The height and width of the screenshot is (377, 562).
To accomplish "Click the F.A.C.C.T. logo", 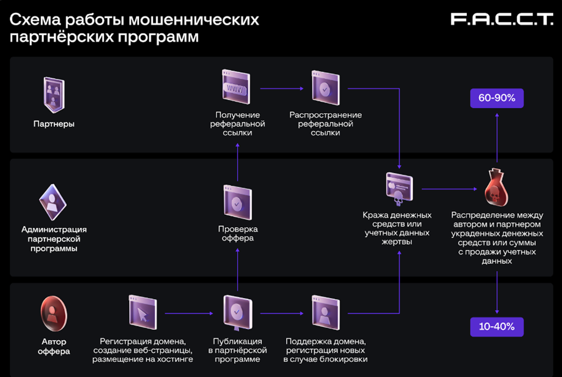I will tap(501, 20).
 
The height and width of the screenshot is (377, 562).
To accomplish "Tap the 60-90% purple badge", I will tap(497, 99).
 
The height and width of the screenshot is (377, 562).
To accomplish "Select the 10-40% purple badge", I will tap(497, 327).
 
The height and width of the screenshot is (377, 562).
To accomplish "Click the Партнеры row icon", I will tap(53, 95).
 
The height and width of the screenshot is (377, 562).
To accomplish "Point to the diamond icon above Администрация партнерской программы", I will tap(53, 203).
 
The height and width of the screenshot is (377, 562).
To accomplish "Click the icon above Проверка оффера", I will tap(237, 203).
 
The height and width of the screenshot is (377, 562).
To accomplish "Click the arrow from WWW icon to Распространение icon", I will tap(282, 88).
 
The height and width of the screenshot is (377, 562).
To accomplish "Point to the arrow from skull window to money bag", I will tap(449, 189).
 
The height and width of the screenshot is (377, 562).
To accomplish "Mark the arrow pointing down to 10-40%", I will tap(497, 292).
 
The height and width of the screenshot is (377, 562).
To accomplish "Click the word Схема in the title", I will tap(34, 20).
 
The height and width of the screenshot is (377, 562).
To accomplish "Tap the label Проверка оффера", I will tap(237, 233).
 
